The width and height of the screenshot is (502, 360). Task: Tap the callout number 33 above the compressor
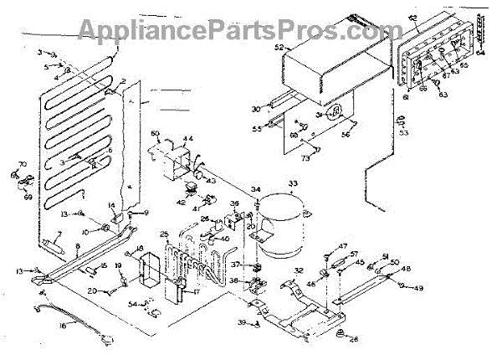293,184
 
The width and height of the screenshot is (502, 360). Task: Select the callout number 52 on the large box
279,48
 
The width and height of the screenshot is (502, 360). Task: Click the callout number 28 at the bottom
353,338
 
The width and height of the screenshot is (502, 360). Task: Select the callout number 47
342,245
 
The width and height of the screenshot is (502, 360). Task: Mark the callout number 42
180,202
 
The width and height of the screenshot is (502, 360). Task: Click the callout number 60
155,134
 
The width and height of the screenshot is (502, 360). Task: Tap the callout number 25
164,234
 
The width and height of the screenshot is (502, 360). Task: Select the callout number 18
140,248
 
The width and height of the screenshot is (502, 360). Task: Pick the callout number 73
305,157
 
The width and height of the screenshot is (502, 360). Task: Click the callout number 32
299,270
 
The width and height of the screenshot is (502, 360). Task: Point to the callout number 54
133,304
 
